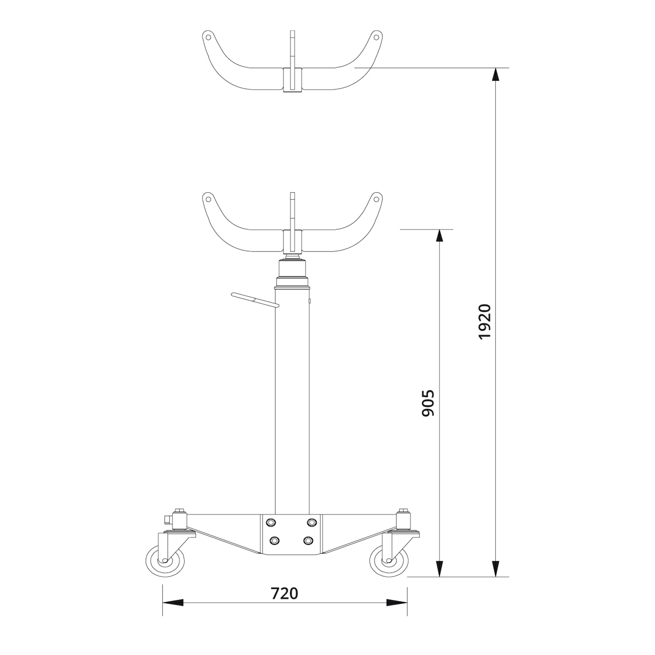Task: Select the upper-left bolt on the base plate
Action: tap(271, 532)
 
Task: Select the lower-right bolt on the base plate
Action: tap(308, 550)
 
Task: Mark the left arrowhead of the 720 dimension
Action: tap(173, 612)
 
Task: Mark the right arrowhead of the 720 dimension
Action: tap(397, 612)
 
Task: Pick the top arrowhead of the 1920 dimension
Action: tap(496, 75)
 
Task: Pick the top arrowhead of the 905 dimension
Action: tap(440, 236)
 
